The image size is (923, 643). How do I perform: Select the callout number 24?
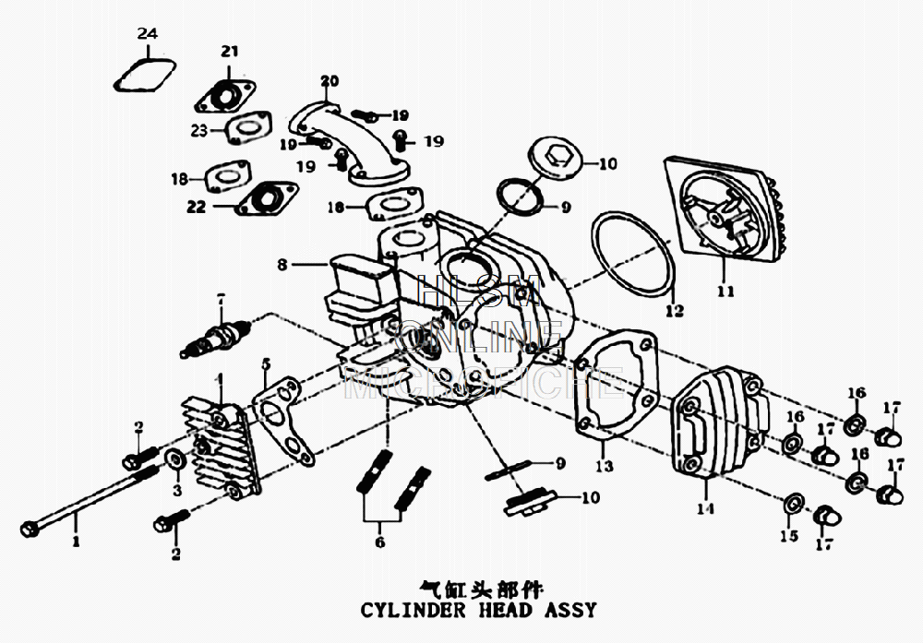point(148,34)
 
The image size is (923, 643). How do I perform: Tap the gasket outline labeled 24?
point(144,76)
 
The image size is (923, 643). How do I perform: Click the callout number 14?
point(705,507)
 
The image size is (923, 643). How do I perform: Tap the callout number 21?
point(229,51)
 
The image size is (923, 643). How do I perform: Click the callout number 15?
point(787,537)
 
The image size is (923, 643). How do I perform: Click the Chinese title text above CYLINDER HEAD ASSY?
point(481,588)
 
